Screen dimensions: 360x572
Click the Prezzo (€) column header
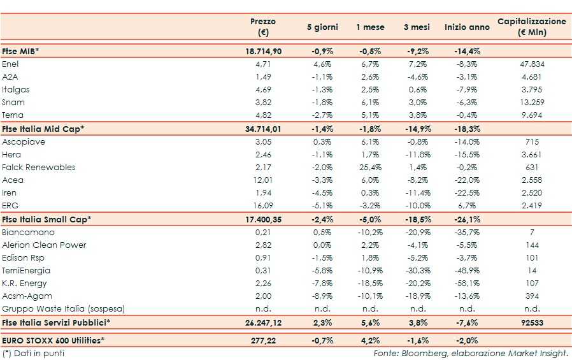(x=262, y=27)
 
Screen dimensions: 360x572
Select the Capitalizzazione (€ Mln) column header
(x=531, y=27)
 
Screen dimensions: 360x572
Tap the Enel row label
(x=11, y=64)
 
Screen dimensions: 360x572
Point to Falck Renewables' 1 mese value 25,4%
(x=370, y=167)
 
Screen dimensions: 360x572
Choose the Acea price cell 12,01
(x=264, y=180)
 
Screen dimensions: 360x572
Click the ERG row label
(x=11, y=206)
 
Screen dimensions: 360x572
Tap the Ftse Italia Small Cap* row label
(x=46, y=219)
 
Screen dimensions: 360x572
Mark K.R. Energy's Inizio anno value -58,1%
(x=467, y=283)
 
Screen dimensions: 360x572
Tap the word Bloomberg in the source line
(x=420, y=352)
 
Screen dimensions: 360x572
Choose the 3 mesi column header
(x=417, y=27)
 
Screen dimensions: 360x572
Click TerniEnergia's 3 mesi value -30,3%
(x=417, y=270)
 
